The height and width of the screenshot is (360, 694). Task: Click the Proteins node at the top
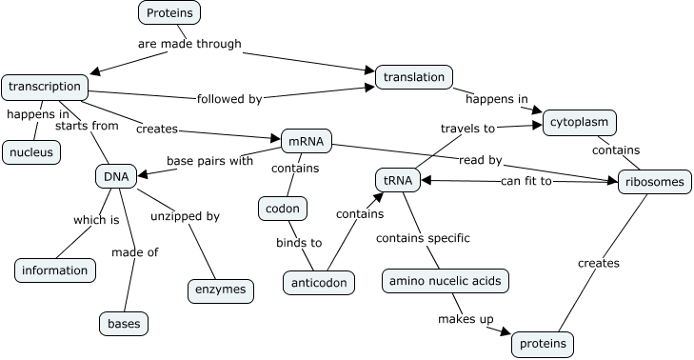pos(169,12)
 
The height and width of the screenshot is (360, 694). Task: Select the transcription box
pos(45,87)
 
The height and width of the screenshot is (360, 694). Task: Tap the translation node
pos(414,77)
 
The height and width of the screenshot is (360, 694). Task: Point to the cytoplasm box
pos(580,123)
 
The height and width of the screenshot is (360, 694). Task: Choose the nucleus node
pos(32,151)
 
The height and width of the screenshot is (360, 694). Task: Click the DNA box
pos(112,176)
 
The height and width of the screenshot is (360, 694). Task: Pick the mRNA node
pos(306,142)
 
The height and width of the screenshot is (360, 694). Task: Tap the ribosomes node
pos(651,182)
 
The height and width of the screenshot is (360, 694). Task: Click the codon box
pos(283,209)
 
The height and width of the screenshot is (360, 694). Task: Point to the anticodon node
pos(320,283)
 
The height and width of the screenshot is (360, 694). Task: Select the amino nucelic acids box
pos(444,281)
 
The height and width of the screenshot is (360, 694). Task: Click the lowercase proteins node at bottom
pos(544,343)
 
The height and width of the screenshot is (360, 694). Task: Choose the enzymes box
pos(220,290)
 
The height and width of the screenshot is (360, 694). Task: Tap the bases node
pos(124,324)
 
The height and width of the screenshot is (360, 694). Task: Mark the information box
pos(55,270)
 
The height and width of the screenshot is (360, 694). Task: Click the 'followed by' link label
pos(228,98)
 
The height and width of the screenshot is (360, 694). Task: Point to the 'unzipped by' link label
pos(185,216)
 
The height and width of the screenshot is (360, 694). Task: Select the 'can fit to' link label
pos(526,181)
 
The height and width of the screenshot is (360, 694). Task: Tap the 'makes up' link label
pos(464,318)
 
